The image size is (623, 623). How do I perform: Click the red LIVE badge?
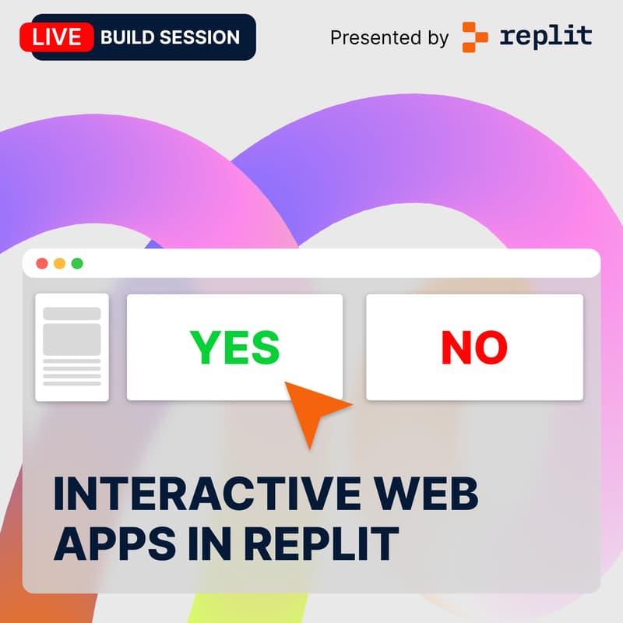pyautogui.click(x=57, y=37)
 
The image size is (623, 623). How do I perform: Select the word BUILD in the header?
pyautogui.click(x=130, y=37)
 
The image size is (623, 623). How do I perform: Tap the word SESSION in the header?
pyautogui.click(x=201, y=37)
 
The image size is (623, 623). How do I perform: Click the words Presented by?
pyautogui.click(x=389, y=37)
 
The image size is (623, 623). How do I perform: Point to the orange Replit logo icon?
pyautogui.click(x=475, y=37)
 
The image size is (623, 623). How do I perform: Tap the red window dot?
pyautogui.click(x=42, y=263)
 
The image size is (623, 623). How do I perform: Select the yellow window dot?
pyautogui.click(x=59, y=263)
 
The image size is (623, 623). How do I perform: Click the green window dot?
pyautogui.click(x=77, y=263)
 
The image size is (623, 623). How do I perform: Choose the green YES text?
pyautogui.click(x=234, y=347)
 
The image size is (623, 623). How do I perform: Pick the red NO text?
pyautogui.click(x=474, y=347)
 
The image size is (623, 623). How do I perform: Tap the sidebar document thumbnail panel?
pyautogui.click(x=72, y=347)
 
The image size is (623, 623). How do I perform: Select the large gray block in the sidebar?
pyautogui.click(x=72, y=340)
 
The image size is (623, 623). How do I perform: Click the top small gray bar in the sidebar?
pyautogui.click(x=72, y=314)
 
